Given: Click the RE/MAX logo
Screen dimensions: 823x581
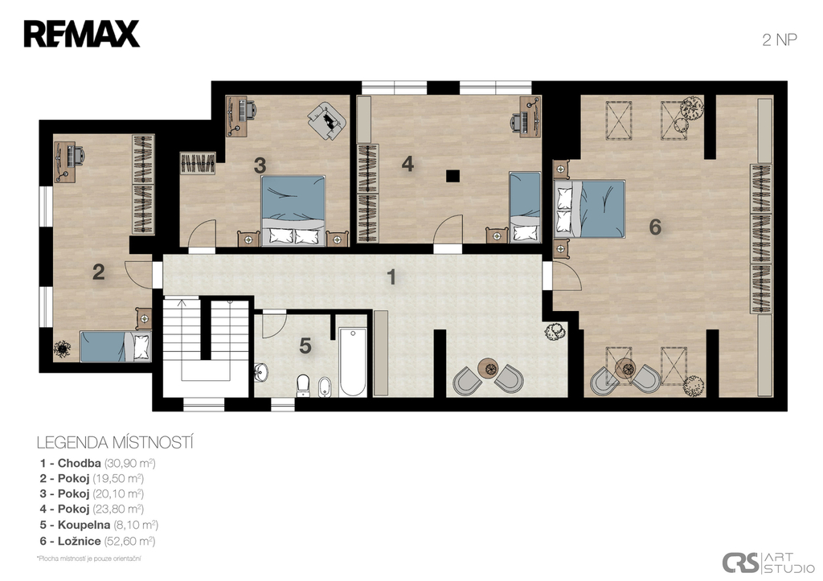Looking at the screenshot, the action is pos(82,34).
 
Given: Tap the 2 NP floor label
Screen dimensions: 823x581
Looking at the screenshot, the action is pos(780,40).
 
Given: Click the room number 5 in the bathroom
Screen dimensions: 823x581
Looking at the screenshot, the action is pos(305,346).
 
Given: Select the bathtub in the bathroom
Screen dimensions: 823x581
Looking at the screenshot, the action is pos(352,362).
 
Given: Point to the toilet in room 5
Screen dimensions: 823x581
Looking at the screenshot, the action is pos(303,386).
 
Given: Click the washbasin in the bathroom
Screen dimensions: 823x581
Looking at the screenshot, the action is pos(261,372).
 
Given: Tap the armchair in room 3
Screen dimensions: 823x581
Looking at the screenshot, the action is pos(327,121).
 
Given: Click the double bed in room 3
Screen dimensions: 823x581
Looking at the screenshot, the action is pos(293,210).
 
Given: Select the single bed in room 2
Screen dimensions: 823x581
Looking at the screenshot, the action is pos(116,346).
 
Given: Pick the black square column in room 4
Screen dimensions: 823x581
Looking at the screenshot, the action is pos(453,176).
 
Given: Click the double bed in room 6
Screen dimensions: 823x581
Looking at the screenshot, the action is pos(590,209).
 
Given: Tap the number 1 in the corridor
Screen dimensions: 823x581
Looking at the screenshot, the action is pos(391,277).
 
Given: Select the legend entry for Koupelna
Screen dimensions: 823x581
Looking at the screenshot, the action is pos(99,525).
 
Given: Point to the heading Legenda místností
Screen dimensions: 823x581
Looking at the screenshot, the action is pos(115,443).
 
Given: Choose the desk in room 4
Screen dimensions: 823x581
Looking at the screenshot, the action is pos(530,117).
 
